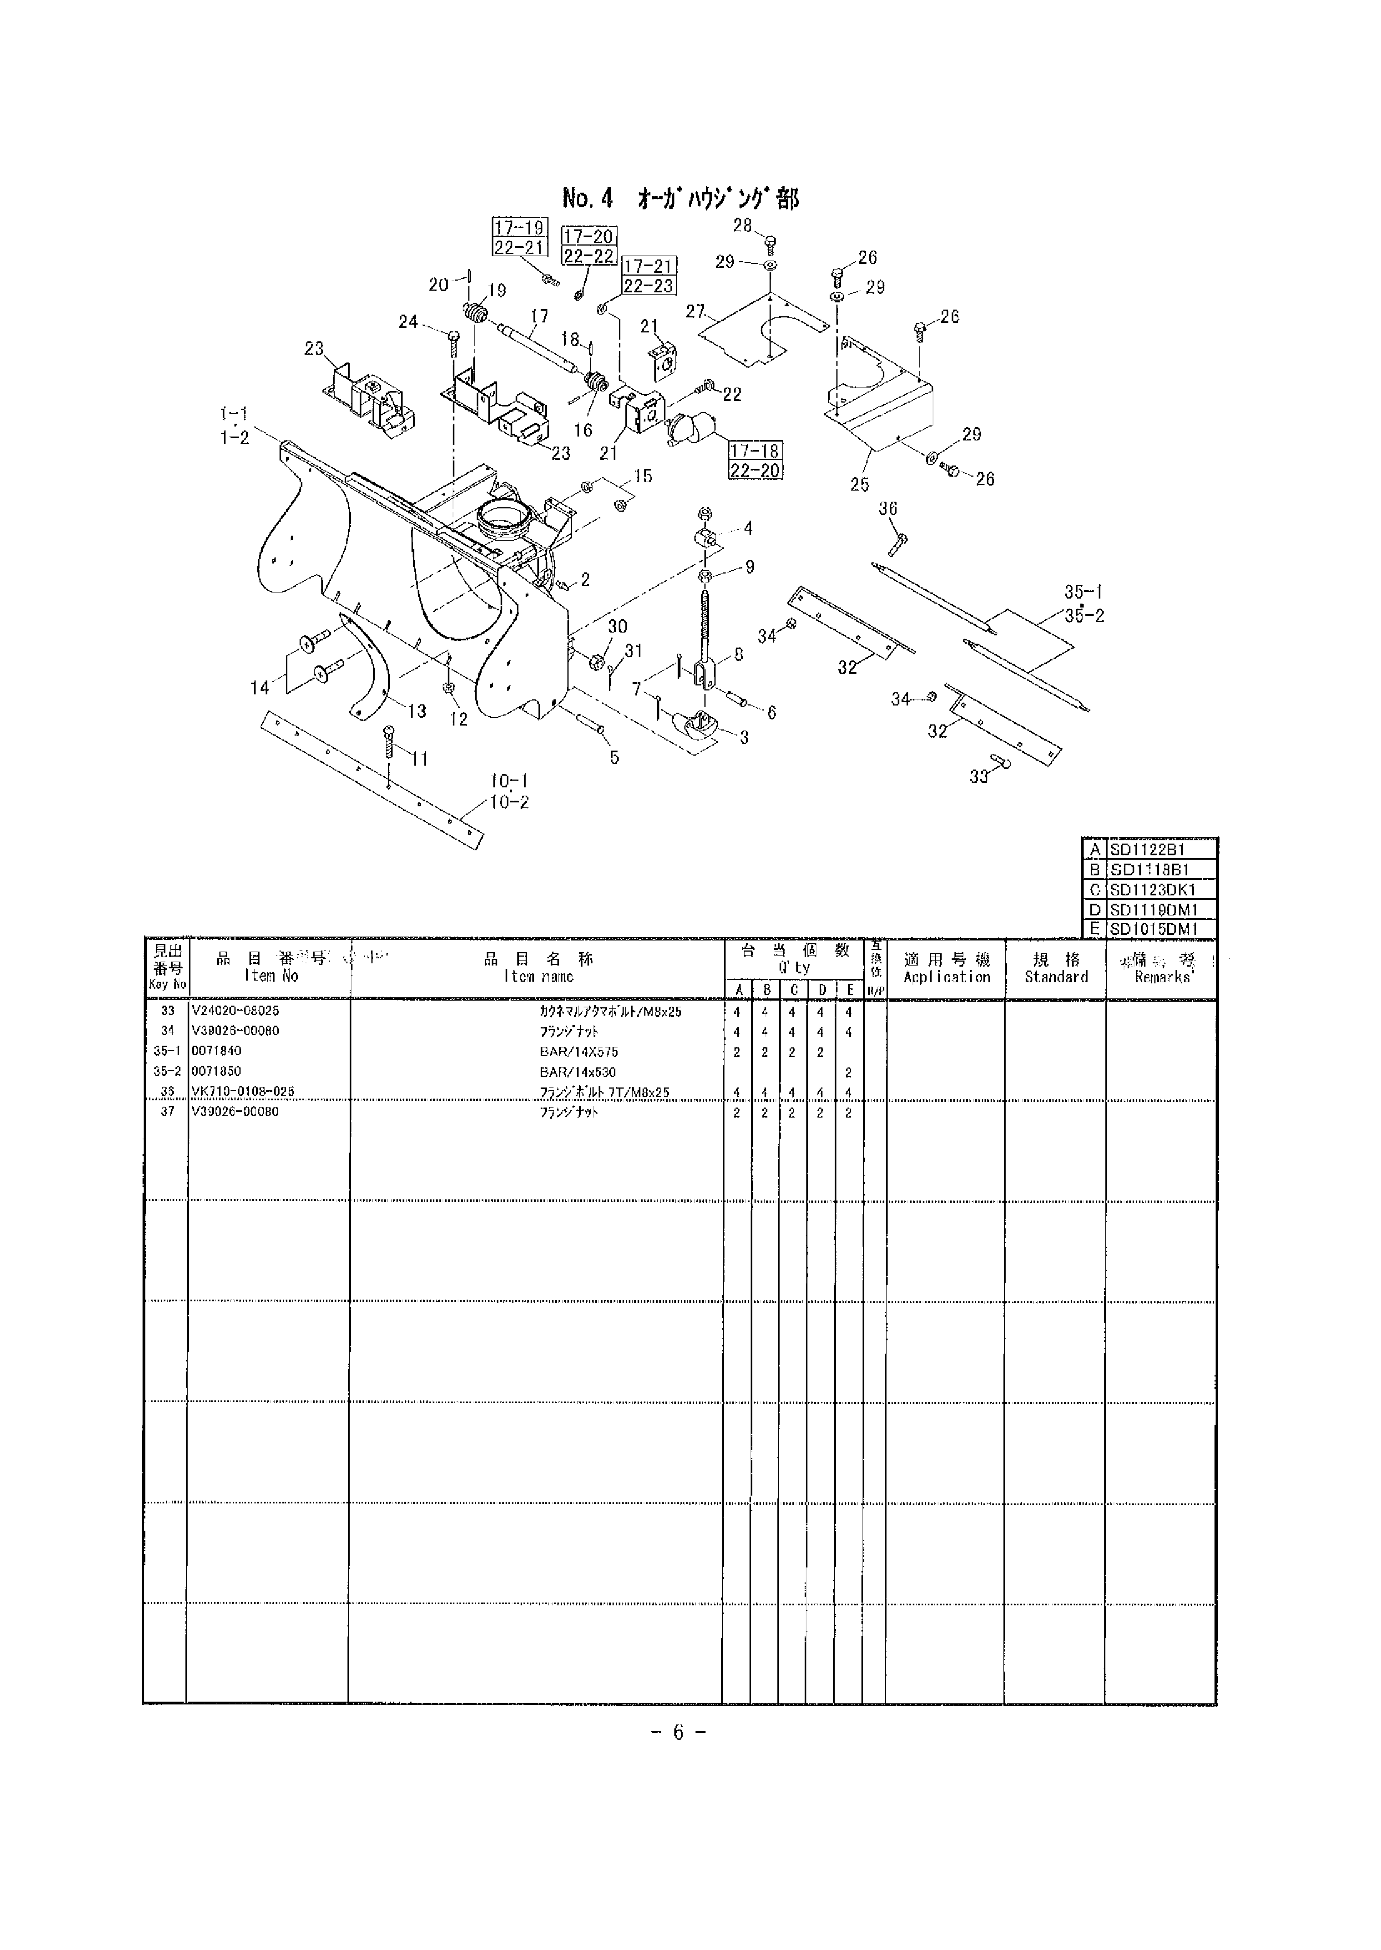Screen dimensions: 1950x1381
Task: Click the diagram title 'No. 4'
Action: click(x=587, y=199)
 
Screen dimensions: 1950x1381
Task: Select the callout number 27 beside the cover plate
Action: click(x=696, y=312)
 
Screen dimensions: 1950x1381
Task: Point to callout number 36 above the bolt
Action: click(x=888, y=508)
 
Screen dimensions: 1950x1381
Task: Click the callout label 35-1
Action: click(x=1084, y=592)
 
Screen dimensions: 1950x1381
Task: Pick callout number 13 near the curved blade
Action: click(x=417, y=711)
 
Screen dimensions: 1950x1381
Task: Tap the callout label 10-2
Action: click(x=510, y=801)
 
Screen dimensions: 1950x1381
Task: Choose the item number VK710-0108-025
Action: click(x=243, y=1092)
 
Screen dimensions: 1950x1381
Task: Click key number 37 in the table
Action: click(x=168, y=1111)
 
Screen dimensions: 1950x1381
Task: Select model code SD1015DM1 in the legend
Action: click(x=1153, y=929)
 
